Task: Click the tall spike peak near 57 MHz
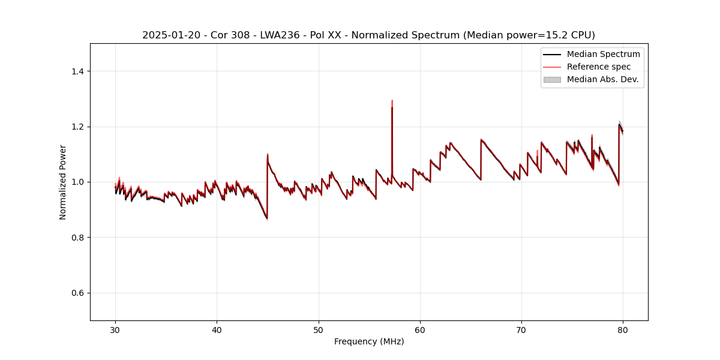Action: tap(392, 101)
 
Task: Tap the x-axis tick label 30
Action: tap(116, 330)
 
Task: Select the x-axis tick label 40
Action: tap(217, 330)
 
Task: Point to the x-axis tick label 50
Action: tap(319, 330)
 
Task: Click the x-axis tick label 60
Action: tap(420, 330)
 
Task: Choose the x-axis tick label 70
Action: tap(521, 330)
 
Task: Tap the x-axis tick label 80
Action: tap(623, 330)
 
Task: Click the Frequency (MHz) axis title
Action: tap(369, 341)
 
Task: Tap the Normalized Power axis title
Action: tap(63, 182)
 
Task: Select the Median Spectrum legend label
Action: tap(603, 54)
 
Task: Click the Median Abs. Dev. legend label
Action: tap(603, 79)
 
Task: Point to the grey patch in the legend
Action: tap(552, 79)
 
